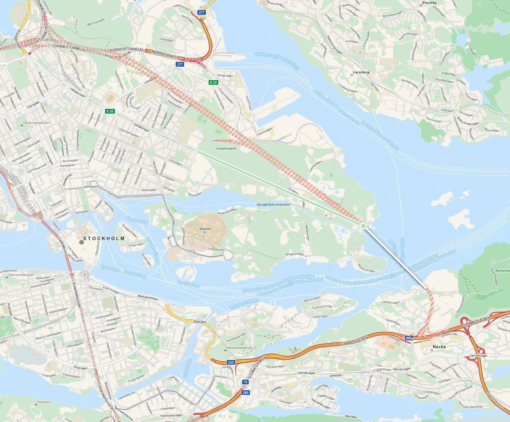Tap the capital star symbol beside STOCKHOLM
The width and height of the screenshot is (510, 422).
click(82, 242)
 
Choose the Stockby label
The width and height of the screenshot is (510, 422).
click(429, 3)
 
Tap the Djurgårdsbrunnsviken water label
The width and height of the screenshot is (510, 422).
click(273, 204)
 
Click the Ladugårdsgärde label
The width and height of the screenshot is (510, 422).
click(226, 148)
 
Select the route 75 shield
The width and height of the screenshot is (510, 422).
click(245, 382)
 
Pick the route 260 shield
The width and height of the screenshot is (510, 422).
click(245, 392)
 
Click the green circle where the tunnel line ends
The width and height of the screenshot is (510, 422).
click(363, 226)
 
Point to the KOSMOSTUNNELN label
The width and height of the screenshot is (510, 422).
click(126, 50)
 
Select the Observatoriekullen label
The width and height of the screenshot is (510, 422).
click(37, 123)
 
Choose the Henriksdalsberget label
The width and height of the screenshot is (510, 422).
click(240, 348)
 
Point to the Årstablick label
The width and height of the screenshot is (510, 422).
click(44, 402)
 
